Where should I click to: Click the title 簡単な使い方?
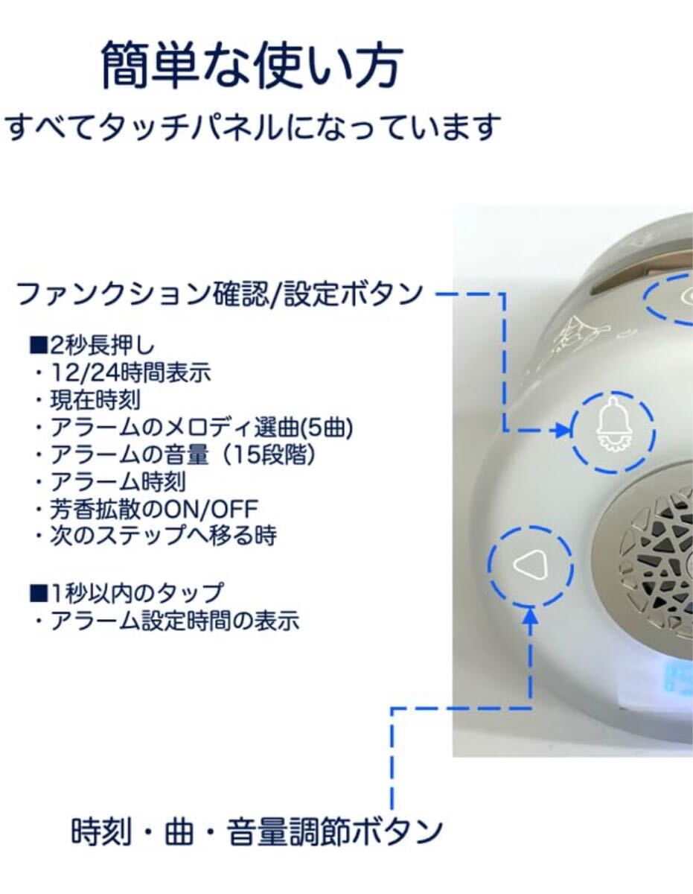point(252,66)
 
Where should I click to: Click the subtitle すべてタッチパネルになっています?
point(251,127)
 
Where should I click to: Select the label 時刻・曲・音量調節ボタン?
point(257,831)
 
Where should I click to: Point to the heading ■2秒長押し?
point(94,346)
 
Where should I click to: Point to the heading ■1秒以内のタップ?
point(126,593)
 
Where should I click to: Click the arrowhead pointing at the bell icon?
point(559,431)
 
